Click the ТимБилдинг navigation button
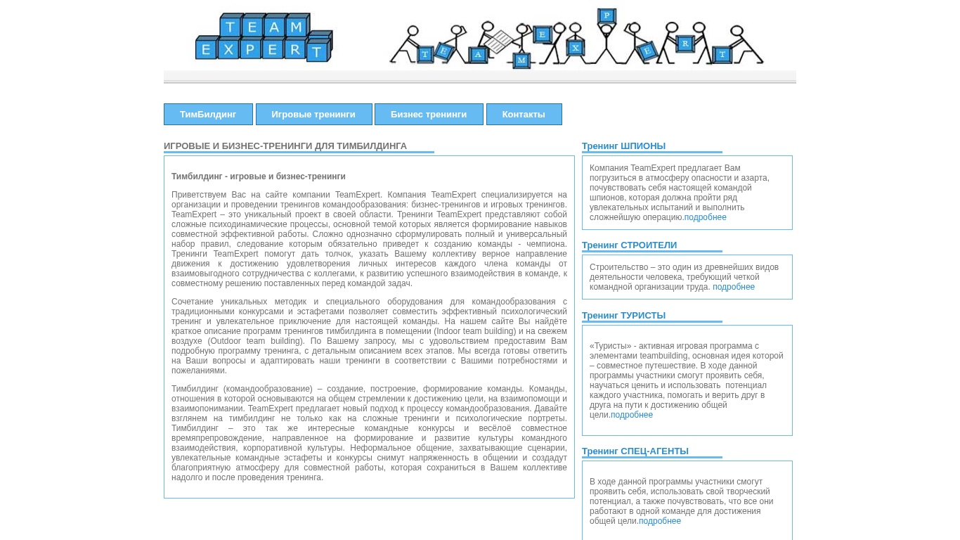pyautogui.click(x=208, y=115)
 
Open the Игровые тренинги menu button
pyautogui.click(x=313, y=115)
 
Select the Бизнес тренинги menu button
pyautogui.click(x=429, y=115)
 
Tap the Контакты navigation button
pyautogui.click(x=524, y=115)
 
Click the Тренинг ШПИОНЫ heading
pyautogui.click(x=623, y=146)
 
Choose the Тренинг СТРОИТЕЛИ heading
pyautogui.click(x=629, y=245)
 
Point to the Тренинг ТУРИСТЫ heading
pyautogui.click(x=623, y=316)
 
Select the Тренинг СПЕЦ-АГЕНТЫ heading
pyautogui.click(x=635, y=451)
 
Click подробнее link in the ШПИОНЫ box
pyautogui.click(x=705, y=217)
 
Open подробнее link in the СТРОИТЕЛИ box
pyautogui.click(x=734, y=287)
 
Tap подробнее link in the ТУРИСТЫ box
pyautogui.click(x=632, y=415)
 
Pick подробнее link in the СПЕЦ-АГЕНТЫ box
pyautogui.click(x=660, y=521)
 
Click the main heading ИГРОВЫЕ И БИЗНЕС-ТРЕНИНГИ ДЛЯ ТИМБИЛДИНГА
pyautogui.click(x=285, y=146)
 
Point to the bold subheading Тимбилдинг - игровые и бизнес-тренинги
pyautogui.click(x=259, y=176)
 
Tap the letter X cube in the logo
pyautogui.click(x=228, y=49)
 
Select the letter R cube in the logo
pyautogui.click(x=295, y=49)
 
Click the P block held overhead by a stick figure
pyautogui.click(x=607, y=15)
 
